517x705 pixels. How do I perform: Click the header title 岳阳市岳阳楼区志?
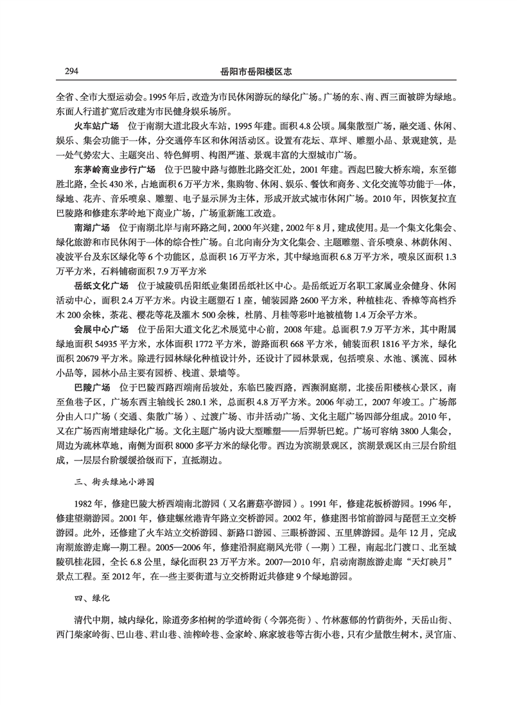point(258,71)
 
